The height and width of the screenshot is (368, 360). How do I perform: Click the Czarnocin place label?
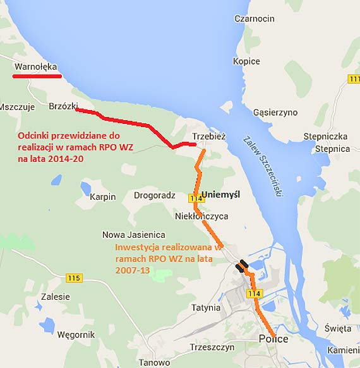click(x=254, y=19)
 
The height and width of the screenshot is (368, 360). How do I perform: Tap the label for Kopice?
click(x=246, y=61)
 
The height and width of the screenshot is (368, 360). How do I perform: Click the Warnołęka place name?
click(x=35, y=66)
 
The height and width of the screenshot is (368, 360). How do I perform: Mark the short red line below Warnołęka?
click(x=37, y=77)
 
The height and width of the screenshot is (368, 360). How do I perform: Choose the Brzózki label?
click(x=63, y=107)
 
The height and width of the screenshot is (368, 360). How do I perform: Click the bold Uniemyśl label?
click(x=220, y=195)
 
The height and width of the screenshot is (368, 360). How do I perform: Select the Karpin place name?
click(x=103, y=197)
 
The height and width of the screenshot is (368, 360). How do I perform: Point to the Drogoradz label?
click(x=154, y=195)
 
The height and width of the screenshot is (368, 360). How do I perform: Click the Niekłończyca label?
click(x=201, y=216)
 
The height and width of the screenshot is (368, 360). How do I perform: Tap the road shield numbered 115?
click(x=74, y=278)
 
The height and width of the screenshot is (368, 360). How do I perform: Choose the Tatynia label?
click(x=206, y=308)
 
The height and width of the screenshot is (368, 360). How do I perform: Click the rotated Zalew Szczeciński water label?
click(x=263, y=167)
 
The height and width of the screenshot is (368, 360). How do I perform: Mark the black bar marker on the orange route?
click(x=241, y=266)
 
